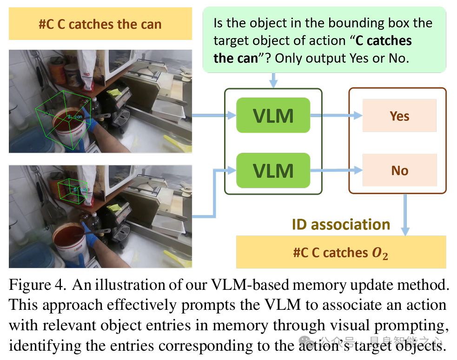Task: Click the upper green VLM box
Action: tap(273, 115)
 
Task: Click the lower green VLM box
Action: tap(273, 170)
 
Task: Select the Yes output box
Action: tap(399, 116)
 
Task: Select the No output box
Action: tap(399, 170)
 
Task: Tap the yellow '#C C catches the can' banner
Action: tap(100, 24)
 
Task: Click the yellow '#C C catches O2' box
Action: tap(341, 252)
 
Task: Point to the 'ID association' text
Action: tap(341, 224)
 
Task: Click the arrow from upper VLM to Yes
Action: tap(336, 116)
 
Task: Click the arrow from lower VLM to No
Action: tap(336, 171)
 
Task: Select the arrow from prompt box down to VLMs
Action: tap(273, 80)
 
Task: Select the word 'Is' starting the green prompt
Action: tap(219, 23)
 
